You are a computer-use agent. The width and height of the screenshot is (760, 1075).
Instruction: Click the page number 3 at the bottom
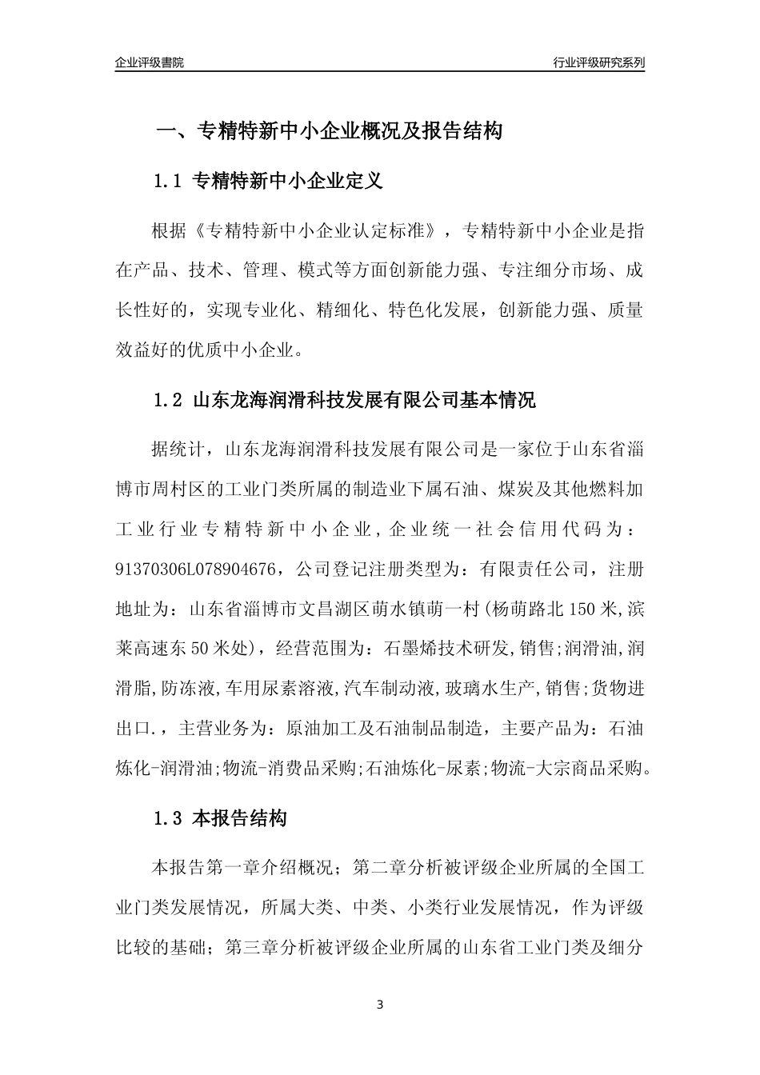click(x=380, y=1005)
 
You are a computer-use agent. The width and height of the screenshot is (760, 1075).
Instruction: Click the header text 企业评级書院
click(x=150, y=62)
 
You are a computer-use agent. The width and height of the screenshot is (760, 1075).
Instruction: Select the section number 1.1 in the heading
click(x=169, y=182)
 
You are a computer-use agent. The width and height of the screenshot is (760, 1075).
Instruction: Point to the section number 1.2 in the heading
click(x=169, y=401)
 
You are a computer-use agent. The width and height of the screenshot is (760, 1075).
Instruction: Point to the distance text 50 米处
click(x=226, y=648)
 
